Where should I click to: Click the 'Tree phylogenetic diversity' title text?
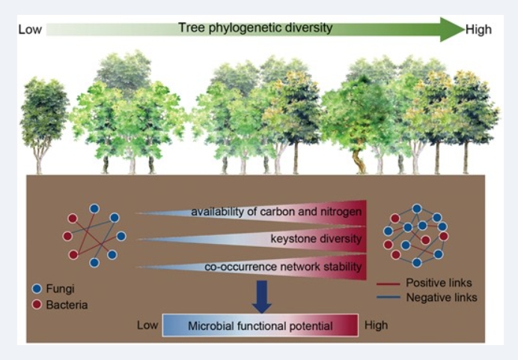pos(255,28)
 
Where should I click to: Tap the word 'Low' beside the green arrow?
pos(31,29)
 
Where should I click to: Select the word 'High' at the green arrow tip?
pos(478,29)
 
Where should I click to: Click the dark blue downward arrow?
pos(261,293)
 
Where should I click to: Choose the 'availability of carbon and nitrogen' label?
pos(276,212)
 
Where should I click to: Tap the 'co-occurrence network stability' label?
pos(284,266)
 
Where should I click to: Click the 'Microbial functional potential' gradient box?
pos(260,326)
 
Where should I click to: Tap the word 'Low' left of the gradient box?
pos(147,326)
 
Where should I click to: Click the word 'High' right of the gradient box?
pos(377,326)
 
